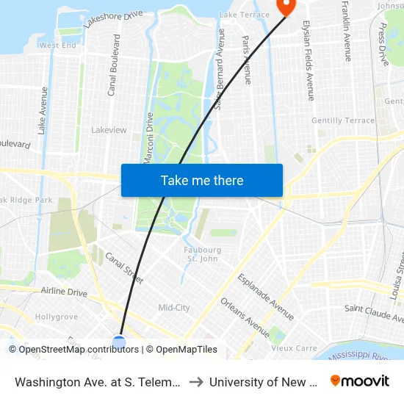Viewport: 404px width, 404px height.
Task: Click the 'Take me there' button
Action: [202, 180]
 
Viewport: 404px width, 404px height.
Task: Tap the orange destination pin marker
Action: [284, 6]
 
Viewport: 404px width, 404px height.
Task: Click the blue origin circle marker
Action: [119, 342]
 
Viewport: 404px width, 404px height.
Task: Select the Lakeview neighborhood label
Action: [109, 130]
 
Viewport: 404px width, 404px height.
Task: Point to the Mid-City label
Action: [174, 307]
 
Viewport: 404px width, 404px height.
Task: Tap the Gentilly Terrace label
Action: [343, 120]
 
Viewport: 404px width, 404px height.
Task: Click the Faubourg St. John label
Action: [202, 254]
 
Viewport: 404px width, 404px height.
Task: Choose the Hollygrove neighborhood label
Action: [57, 317]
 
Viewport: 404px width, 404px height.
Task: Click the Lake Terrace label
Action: [245, 15]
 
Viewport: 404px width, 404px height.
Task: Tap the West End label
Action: [57, 45]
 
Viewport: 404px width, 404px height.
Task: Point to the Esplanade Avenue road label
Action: [265, 296]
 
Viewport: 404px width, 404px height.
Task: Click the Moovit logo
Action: [360, 380]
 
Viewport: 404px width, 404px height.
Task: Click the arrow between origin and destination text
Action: [197, 382]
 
